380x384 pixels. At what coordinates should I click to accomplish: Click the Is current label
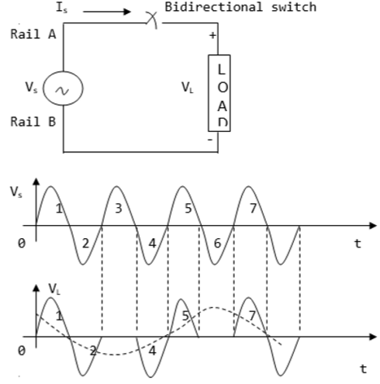pyautogui.click(x=64, y=8)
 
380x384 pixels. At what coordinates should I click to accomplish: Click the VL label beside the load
pyautogui.click(x=186, y=88)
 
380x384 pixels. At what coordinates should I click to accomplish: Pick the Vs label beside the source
pyautogui.click(x=29, y=88)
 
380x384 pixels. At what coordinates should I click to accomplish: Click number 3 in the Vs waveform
pyautogui.click(x=119, y=209)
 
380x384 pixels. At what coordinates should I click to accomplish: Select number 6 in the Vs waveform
pyautogui.click(x=218, y=243)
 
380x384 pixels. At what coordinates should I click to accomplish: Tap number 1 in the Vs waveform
pyautogui.click(x=58, y=209)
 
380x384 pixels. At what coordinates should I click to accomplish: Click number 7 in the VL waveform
pyautogui.click(x=253, y=317)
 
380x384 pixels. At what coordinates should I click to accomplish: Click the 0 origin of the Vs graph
pyautogui.click(x=22, y=243)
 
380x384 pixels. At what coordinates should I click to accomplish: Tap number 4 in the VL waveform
pyautogui.click(x=152, y=350)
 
